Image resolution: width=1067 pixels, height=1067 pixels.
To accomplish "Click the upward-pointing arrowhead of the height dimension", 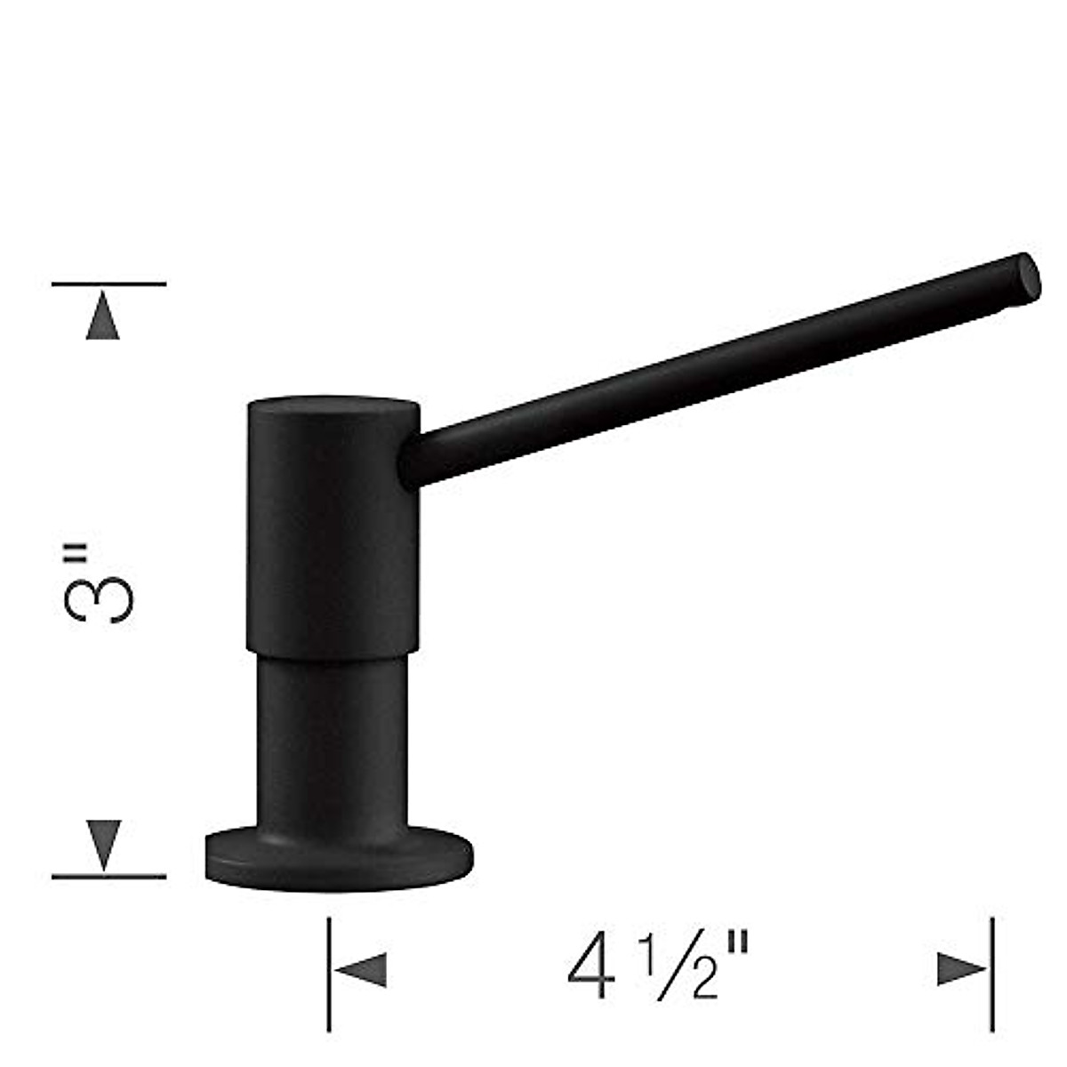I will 103,318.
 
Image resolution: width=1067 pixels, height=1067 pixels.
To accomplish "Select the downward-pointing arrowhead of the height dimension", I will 103,844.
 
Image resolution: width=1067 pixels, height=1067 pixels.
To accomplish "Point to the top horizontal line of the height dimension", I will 108,284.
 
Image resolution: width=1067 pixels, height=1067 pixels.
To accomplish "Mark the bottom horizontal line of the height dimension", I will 108,877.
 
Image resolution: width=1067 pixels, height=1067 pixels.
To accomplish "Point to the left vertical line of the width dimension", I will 329,974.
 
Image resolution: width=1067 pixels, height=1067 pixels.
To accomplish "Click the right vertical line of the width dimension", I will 992,974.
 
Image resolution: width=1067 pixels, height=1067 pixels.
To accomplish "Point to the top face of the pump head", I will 333,406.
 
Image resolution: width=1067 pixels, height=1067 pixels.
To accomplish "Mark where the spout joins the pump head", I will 413,462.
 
